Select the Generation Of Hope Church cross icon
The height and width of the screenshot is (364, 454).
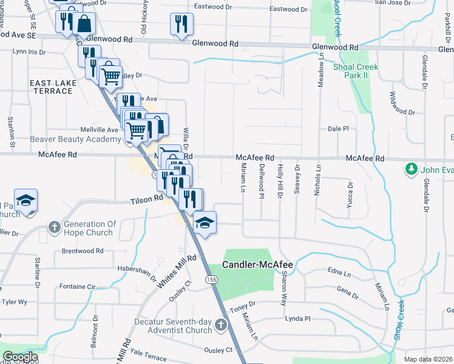click(x=54, y=228)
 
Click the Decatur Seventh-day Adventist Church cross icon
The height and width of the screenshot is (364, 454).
click(x=220, y=325)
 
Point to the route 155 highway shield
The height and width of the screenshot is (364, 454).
click(x=211, y=279)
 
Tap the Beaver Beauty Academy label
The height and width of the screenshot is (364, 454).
click(x=75, y=139)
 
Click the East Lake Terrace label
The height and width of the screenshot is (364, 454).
click(x=54, y=86)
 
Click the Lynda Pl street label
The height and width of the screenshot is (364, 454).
click(x=297, y=318)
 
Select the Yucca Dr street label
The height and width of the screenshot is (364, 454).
click(x=349, y=195)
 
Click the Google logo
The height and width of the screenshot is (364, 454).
click(x=20, y=357)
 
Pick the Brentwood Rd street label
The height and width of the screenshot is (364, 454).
click(x=83, y=251)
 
